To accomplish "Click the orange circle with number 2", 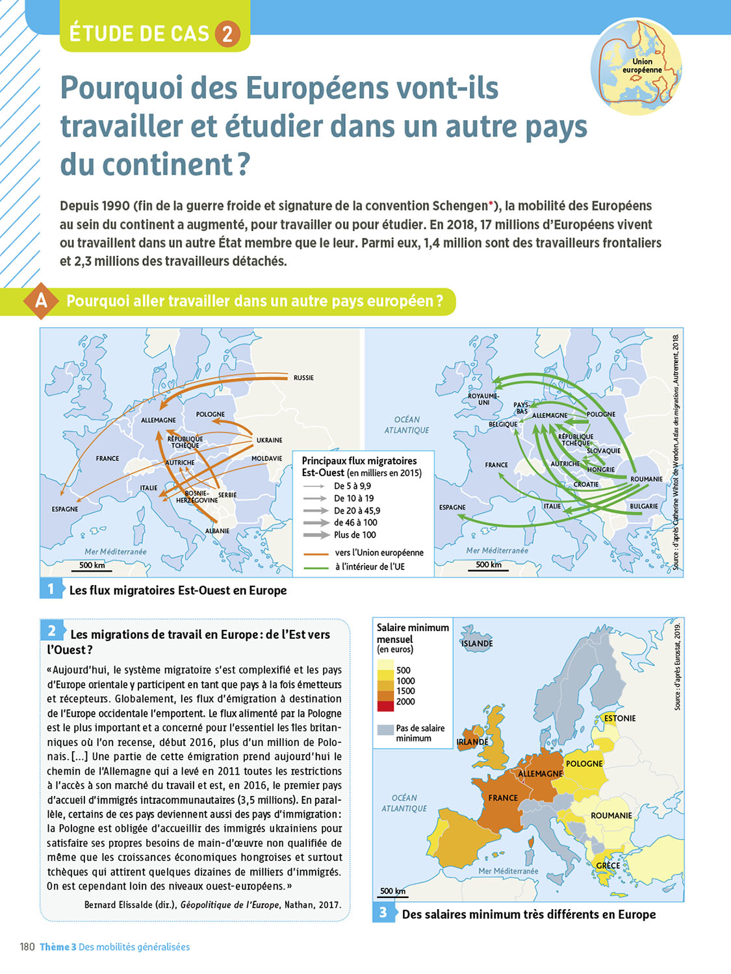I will click(227, 34).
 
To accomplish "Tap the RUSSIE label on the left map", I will click(303, 378).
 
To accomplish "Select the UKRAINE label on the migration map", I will click(269, 440).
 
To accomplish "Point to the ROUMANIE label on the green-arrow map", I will click(646, 479).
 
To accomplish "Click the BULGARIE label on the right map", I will click(643, 506).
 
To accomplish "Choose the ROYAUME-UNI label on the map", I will click(483, 399).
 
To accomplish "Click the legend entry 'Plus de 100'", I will click(355, 535).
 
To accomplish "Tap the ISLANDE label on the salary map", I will click(477, 643).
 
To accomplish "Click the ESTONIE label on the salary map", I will click(620, 718).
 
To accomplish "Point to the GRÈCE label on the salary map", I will click(608, 866).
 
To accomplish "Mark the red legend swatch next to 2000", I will click(385, 706).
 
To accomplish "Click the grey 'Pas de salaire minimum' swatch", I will click(385, 730).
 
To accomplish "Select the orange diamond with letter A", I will click(42, 301).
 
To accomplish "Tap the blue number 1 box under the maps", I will click(51, 589).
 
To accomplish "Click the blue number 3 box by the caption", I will click(383, 912).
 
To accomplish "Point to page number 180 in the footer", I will click(27, 947).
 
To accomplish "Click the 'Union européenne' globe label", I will click(642, 66).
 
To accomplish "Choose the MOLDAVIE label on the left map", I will click(266, 459).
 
